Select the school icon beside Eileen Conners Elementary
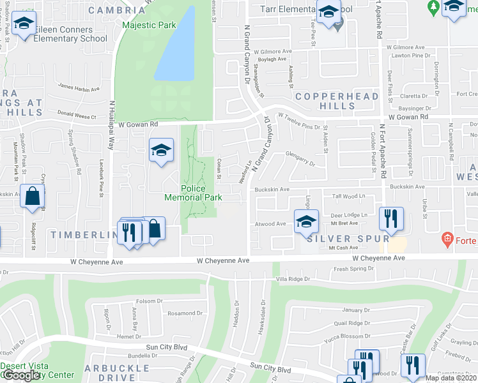24,25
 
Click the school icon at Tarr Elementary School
329,13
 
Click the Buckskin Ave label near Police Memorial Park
272,190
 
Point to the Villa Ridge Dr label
292,279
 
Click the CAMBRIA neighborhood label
117,10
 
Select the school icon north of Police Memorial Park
162,151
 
